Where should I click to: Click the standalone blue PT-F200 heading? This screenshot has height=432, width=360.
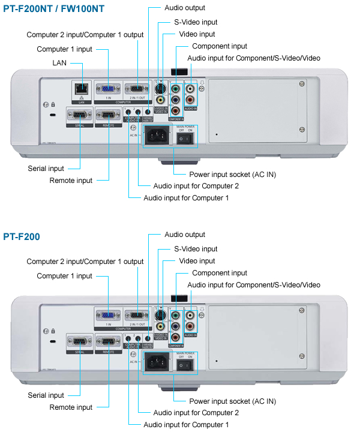22,237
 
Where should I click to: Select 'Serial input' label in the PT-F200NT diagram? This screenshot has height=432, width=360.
46,169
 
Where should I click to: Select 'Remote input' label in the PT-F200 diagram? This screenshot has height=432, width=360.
71,407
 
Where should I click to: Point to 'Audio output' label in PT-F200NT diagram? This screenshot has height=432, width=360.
185,8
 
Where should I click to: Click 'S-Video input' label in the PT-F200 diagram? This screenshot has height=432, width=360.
196,248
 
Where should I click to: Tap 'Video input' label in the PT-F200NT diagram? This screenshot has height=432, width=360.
197,34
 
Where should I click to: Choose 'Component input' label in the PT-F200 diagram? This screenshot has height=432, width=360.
220,273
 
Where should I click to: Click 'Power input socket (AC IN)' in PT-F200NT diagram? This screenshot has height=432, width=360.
233,174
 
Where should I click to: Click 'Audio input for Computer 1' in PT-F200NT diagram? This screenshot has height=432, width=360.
186,198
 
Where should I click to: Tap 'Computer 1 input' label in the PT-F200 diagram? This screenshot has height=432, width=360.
65,276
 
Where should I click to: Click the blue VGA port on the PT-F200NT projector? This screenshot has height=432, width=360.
109,88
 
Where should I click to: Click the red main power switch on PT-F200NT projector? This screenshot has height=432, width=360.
187,139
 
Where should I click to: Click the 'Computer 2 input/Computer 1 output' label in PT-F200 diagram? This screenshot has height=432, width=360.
85,262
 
